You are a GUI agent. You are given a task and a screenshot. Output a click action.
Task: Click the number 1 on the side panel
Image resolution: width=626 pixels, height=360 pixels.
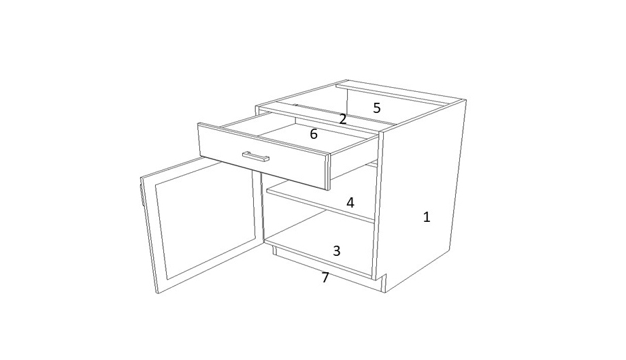pos(427,217)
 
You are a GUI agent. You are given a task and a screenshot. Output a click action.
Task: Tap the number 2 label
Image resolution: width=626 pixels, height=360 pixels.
pos(343,119)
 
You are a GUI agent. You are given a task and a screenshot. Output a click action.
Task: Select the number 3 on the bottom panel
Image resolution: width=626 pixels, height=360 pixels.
pos(337,251)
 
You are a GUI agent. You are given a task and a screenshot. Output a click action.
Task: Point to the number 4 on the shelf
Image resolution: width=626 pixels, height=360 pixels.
pos(350,203)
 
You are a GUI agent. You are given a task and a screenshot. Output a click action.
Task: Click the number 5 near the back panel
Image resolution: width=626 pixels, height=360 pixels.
pos(377,108)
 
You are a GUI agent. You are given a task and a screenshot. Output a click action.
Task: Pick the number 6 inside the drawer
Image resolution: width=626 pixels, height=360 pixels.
pos(314,134)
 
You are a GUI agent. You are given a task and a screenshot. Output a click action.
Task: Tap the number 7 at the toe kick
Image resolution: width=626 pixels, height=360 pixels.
pos(325,278)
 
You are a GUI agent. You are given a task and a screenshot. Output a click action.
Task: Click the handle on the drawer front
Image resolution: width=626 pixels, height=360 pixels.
pos(256,157)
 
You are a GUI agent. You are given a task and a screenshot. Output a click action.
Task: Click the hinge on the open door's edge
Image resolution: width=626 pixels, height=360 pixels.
pos(142,192)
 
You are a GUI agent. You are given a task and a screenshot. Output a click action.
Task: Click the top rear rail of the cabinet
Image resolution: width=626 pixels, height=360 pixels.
pos(400,93)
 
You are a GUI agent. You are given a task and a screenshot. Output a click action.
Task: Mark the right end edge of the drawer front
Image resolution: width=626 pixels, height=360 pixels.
pos(329,172)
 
